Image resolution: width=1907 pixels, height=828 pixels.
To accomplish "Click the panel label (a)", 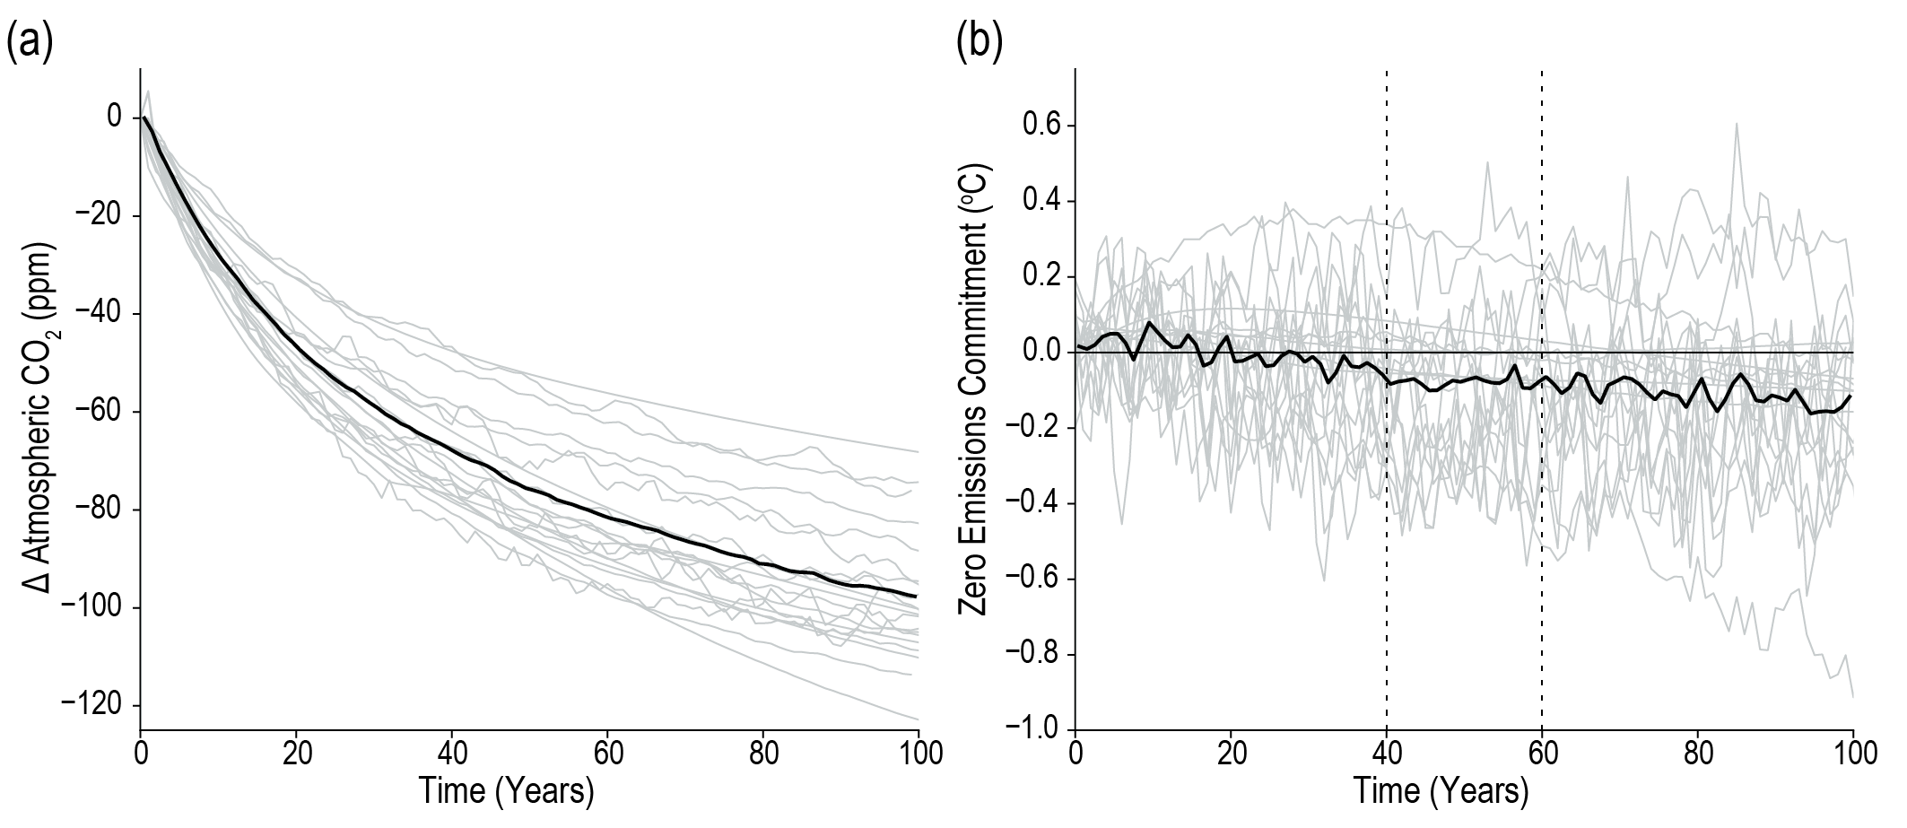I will tap(30, 42).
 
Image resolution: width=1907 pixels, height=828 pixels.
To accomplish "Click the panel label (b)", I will tap(980, 42).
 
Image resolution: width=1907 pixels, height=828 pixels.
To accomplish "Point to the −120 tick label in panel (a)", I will tap(93, 706).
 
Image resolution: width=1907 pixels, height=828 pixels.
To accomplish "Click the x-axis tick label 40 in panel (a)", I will tap(453, 753).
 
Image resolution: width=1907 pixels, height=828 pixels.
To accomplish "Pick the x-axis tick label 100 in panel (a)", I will tap(918, 753).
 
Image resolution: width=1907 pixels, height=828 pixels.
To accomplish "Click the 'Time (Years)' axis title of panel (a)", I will tap(507, 791).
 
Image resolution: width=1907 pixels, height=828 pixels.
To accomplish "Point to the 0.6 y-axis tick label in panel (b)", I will tap(1043, 126).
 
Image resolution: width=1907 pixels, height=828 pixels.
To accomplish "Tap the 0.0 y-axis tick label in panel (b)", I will tap(1043, 352).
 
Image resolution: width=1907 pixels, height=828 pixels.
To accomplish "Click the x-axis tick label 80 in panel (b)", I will tap(1698, 753).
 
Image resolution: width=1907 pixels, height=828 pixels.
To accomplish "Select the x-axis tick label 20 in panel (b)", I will tap(1231, 753).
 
